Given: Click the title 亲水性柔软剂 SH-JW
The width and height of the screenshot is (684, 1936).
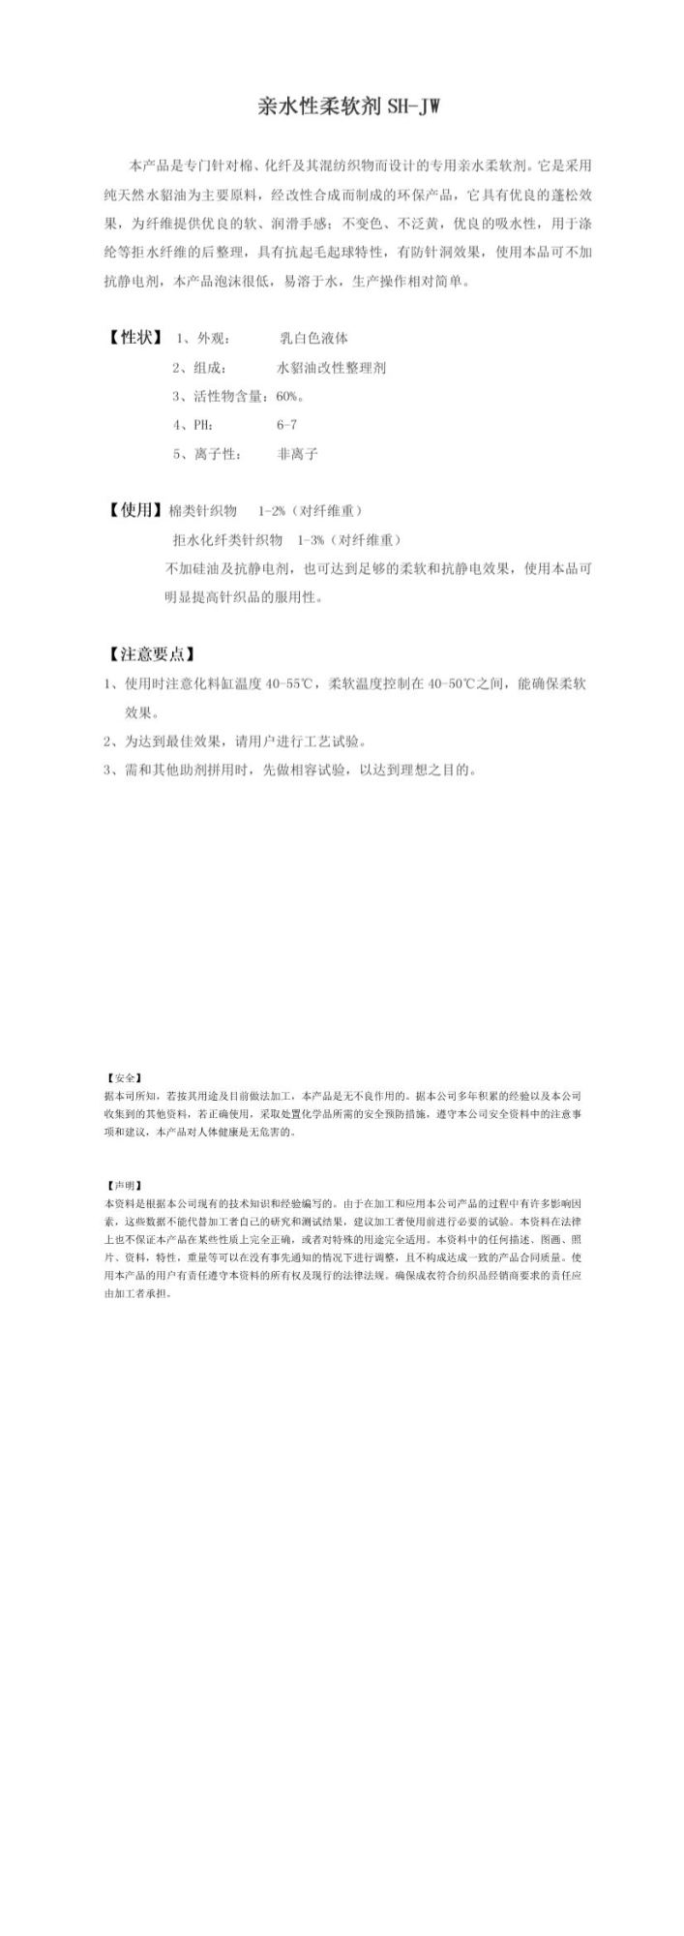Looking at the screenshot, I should click(x=349, y=106).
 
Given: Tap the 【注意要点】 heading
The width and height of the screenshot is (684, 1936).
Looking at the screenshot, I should click(x=151, y=654).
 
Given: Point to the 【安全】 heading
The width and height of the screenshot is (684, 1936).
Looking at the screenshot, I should click(x=124, y=1077).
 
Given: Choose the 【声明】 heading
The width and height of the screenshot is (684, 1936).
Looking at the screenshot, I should click(x=124, y=1186).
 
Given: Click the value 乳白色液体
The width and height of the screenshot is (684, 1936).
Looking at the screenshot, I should click(x=313, y=339).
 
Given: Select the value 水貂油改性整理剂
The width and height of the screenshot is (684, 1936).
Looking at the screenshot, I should click(x=332, y=368).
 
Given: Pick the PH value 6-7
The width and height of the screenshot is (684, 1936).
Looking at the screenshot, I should click(x=286, y=425).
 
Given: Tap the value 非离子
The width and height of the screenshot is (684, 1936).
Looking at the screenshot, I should click(x=297, y=453).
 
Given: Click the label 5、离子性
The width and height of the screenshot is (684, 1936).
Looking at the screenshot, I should click(x=207, y=453).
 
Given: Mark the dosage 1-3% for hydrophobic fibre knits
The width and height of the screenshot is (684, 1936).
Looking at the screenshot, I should click(x=310, y=540).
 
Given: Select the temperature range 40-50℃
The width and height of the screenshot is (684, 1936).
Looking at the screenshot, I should click(x=451, y=683).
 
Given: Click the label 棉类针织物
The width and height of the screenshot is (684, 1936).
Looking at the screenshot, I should click(x=202, y=511).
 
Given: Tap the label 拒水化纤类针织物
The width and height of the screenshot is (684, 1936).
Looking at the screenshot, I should click(x=227, y=540).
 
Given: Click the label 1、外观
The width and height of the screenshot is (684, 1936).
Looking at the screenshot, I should click(x=202, y=339).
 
